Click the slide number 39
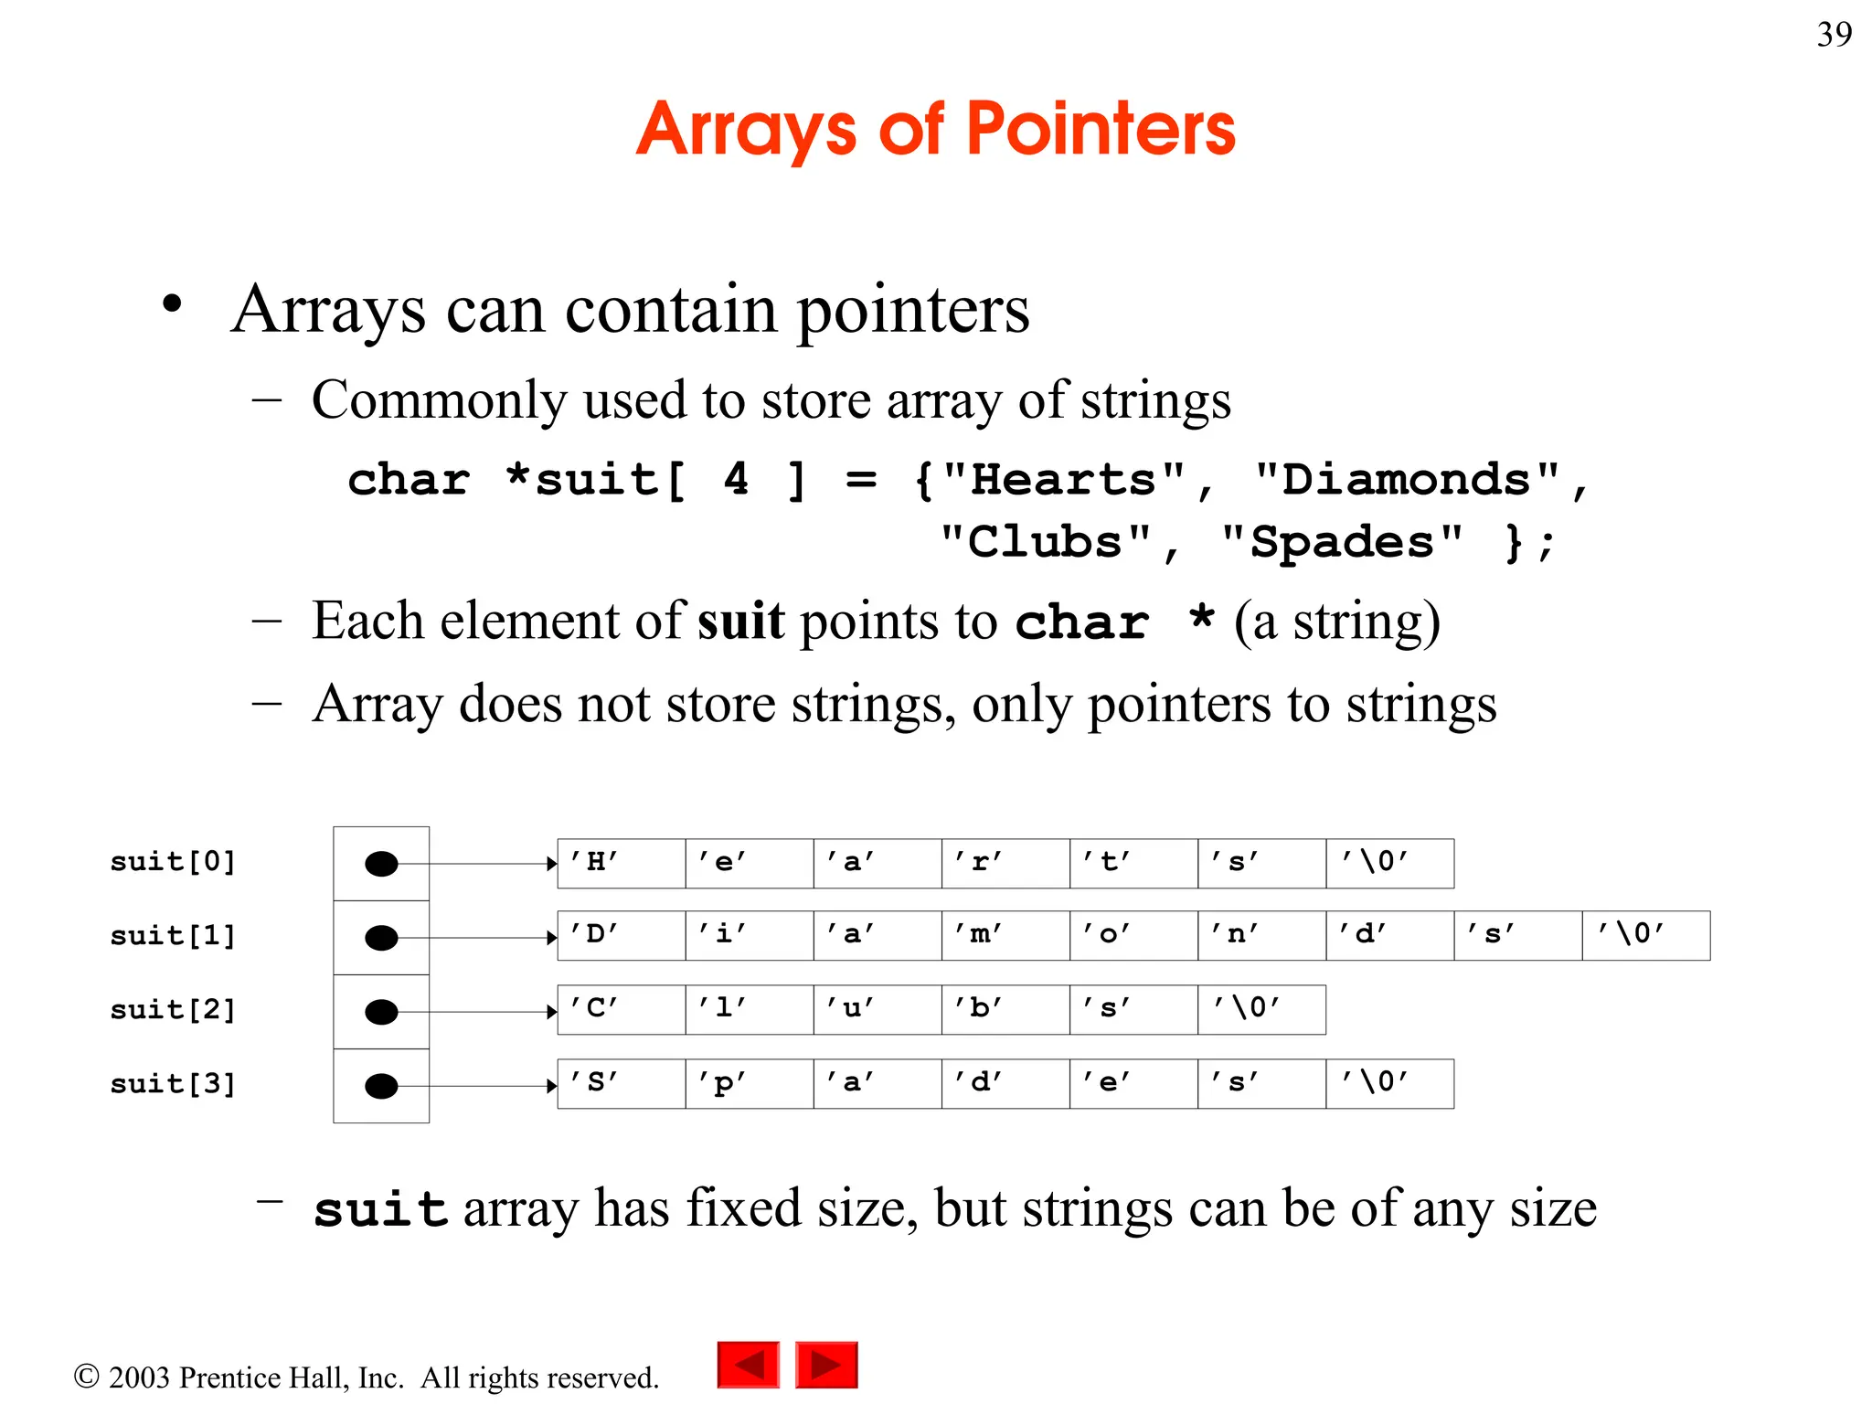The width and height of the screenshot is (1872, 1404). click(x=1834, y=35)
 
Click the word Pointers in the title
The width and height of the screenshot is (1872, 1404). click(x=1101, y=129)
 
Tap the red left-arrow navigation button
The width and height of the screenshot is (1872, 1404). click(x=748, y=1365)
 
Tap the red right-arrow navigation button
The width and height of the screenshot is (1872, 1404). click(x=826, y=1365)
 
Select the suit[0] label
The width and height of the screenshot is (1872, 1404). click(x=173, y=861)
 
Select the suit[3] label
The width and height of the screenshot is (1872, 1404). click(x=173, y=1083)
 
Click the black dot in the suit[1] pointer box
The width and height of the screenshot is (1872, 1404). click(x=381, y=938)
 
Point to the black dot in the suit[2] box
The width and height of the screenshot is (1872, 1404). click(x=381, y=1012)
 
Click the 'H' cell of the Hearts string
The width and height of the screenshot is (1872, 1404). click(x=622, y=863)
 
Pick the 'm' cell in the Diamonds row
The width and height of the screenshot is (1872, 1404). click(x=1005, y=935)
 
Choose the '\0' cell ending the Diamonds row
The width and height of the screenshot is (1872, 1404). click(x=1645, y=935)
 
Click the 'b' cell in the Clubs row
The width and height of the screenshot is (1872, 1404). click(x=1005, y=1009)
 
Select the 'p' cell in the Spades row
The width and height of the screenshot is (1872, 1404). click(x=750, y=1083)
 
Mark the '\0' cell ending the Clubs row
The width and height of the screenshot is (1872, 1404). click(x=1261, y=1009)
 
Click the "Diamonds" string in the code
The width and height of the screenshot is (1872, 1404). click(x=1407, y=480)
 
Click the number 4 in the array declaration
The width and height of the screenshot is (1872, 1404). click(x=736, y=480)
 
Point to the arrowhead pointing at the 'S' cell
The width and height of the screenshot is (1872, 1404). click(x=551, y=1086)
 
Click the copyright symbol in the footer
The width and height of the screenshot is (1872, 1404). click(x=86, y=1377)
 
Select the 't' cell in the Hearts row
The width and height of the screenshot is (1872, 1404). click(x=1133, y=863)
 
